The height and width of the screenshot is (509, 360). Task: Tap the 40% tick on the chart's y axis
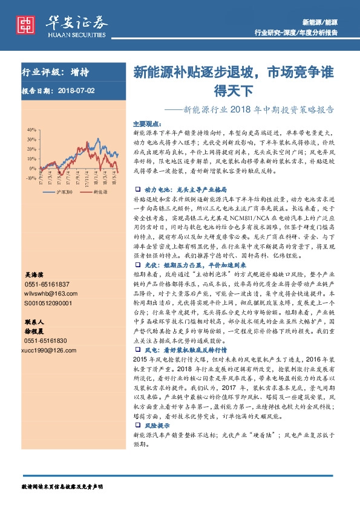point(30,130)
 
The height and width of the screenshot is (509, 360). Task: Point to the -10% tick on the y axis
point(30,178)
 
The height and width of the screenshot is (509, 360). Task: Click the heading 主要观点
point(145,122)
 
